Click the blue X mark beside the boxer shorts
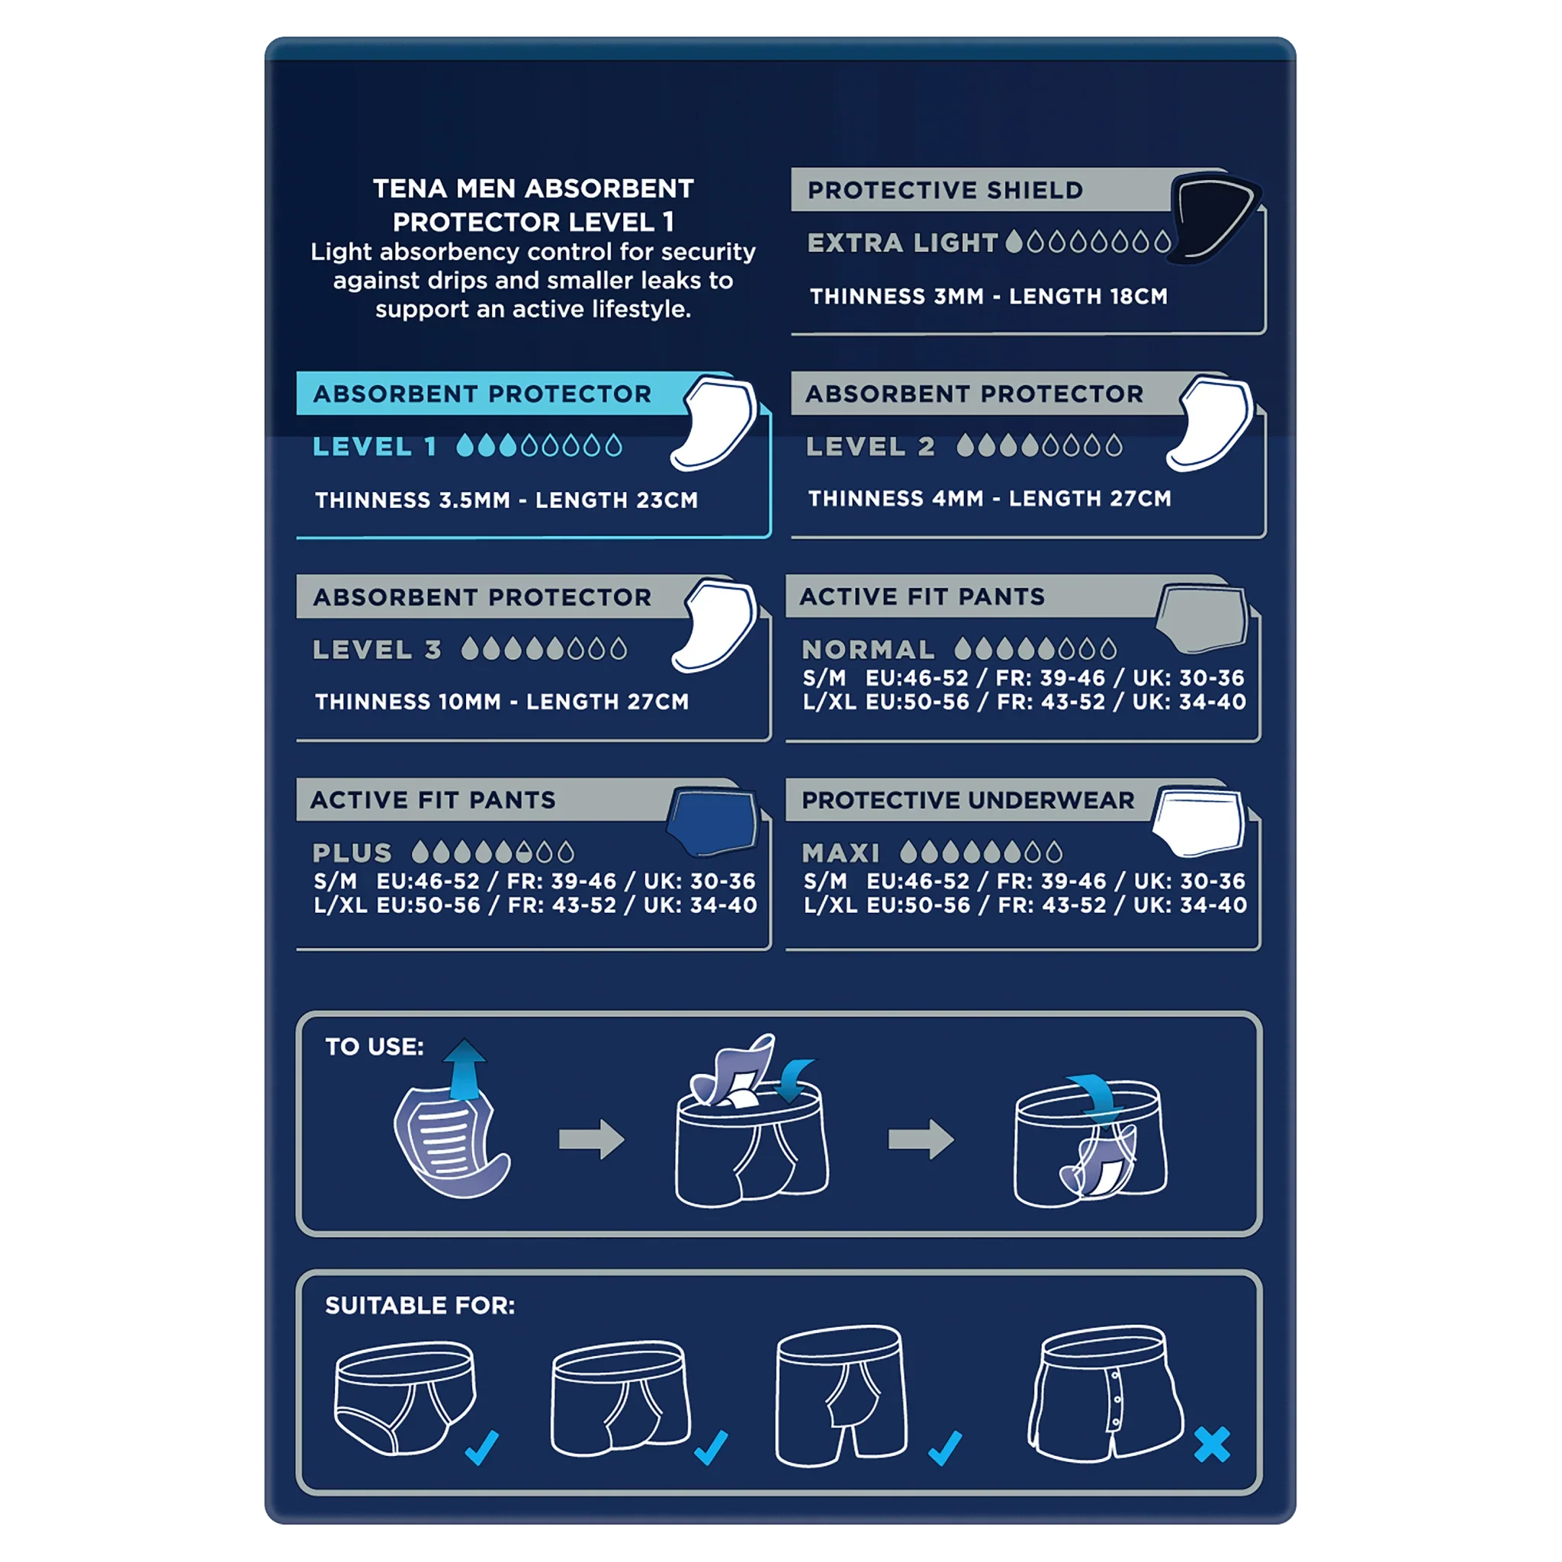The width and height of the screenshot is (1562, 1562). (x=1211, y=1445)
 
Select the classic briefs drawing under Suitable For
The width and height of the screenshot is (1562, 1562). (x=405, y=1398)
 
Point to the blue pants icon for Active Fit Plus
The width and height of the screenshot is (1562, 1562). (x=712, y=821)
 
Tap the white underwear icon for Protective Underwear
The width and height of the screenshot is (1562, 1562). (x=1198, y=821)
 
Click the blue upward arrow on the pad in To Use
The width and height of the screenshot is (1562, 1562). (x=465, y=1069)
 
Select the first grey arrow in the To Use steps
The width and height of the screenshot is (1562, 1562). (x=592, y=1139)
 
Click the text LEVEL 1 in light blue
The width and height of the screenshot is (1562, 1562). (x=374, y=446)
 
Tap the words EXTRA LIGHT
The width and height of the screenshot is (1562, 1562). (x=902, y=243)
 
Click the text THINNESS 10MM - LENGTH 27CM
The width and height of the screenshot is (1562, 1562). (x=502, y=702)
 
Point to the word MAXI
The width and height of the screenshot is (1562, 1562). (x=840, y=853)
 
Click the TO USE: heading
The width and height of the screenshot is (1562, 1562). (x=374, y=1047)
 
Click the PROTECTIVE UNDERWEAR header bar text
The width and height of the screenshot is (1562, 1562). (x=968, y=799)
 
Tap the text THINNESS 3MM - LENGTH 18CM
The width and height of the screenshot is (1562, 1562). (x=988, y=297)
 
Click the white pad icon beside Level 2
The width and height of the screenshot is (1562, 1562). (x=1210, y=423)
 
